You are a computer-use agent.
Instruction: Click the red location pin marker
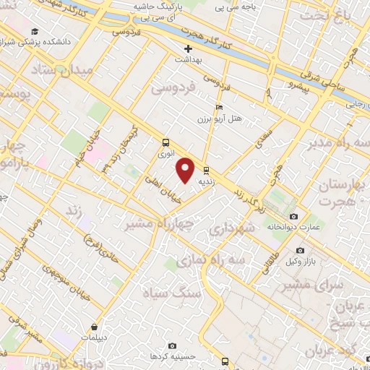pyautogui.click(x=186, y=170)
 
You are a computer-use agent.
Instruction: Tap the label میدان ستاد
pyautogui.click(x=63, y=69)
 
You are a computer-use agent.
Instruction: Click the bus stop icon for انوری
pyautogui.click(x=166, y=142)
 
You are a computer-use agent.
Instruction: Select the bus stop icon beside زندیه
pyautogui.click(x=207, y=171)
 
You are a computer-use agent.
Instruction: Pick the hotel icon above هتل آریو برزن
pyautogui.click(x=220, y=108)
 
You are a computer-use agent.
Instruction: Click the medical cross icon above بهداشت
pyautogui.click(x=187, y=49)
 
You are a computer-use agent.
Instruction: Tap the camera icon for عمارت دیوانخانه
pyautogui.click(x=293, y=216)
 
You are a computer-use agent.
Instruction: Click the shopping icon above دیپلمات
pyautogui.click(x=95, y=326)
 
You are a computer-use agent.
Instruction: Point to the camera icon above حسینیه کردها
pyautogui.click(x=171, y=346)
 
